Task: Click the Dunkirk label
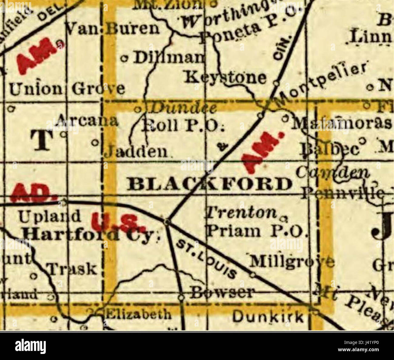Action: tap(268, 317)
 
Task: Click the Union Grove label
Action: tap(67, 89)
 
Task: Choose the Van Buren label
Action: tap(113, 29)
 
